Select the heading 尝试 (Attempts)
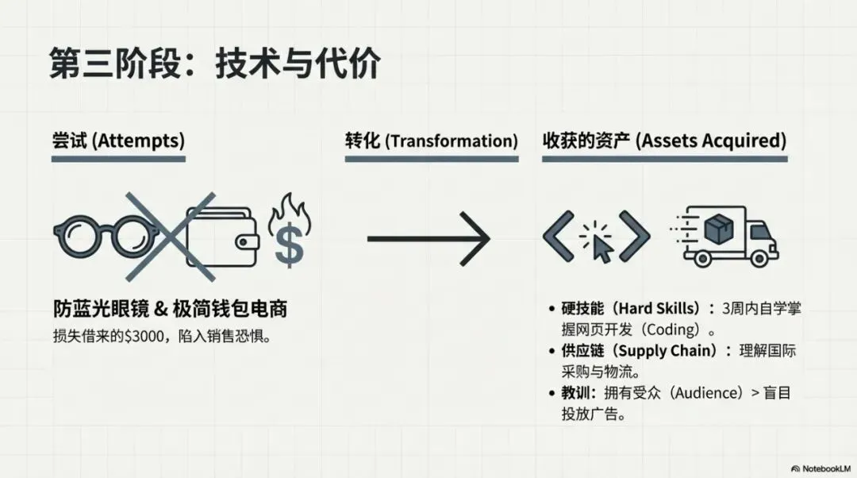(x=118, y=141)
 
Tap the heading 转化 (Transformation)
(x=431, y=141)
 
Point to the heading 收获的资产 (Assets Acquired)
(x=664, y=141)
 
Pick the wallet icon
(x=222, y=237)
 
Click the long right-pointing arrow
(x=428, y=238)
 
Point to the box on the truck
(x=719, y=231)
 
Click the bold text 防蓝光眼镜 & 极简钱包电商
(x=170, y=309)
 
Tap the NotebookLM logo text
(x=824, y=468)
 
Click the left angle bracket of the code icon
(x=559, y=236)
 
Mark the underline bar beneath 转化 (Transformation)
(x=431, y=159)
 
